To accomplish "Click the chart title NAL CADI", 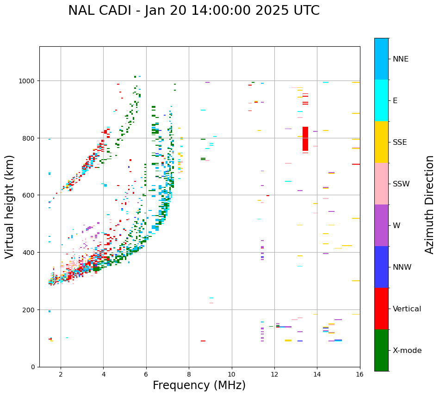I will coord(193,11).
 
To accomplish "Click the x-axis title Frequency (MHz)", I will coord(199,385).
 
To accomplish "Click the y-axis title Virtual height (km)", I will coord(10,206).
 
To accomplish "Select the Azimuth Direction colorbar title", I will coord(430,204).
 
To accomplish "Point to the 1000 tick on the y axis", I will coord(29,81).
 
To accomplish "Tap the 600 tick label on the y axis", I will coord(31,195).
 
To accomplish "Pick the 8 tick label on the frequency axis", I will coord(189,375).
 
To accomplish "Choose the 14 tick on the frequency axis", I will coord(317,375).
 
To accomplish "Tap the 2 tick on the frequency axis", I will coord(61,375).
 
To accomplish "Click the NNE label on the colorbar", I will coord(401,59).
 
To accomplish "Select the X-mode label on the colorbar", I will coord(407,351).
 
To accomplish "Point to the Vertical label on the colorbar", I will coord(407,309).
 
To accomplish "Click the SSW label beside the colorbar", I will coord(401,184).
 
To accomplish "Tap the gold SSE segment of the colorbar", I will coord(381,142).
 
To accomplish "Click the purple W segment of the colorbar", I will coord(381,225).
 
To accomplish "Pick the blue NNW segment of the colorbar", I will coord(381,267).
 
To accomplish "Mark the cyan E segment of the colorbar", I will coord(381,100).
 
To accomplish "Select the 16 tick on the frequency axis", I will coord(360,375).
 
